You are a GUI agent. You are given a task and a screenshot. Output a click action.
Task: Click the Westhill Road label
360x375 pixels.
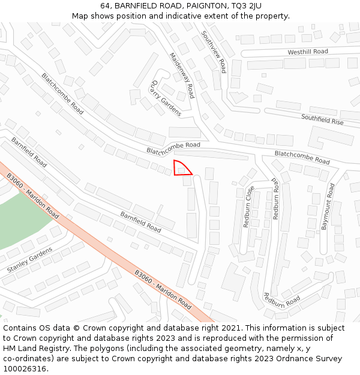coord(307,52)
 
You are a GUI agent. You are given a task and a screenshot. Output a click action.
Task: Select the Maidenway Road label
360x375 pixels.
coord(182,74)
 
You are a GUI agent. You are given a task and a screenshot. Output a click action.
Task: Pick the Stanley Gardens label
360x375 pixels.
coord(29,259)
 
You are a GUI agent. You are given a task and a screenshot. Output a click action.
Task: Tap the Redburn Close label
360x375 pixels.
coord(248,206)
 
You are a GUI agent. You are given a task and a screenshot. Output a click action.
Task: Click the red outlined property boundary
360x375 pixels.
coord(181,169)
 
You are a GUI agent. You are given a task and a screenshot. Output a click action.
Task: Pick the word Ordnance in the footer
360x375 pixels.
coord(271,359)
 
